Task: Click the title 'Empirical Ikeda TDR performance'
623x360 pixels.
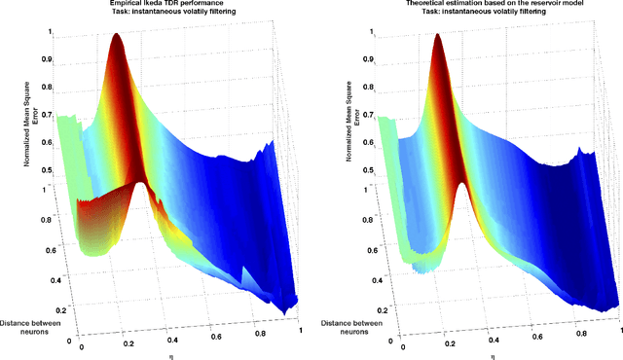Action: (153, 5)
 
